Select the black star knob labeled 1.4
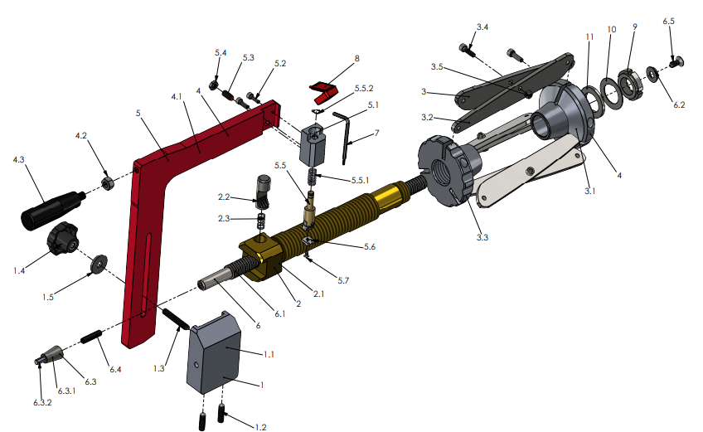pos(64,238)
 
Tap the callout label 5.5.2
pos(364,88)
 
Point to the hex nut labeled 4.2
pos(107,181)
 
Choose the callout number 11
pos(589,37)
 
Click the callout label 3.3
pos(483,237)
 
